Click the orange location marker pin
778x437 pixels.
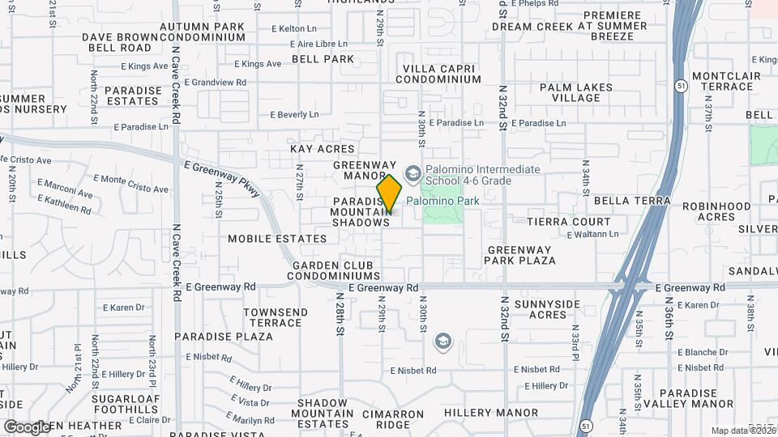coord(389,193)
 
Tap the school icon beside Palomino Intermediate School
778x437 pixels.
coord(413,173)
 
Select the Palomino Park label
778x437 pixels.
coord(443,201)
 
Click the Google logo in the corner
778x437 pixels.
coord(27,426)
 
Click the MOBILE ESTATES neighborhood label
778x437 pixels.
coord(277,239)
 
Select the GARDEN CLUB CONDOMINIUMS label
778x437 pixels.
coord(333,270)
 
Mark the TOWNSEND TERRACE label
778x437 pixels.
coord(276,317)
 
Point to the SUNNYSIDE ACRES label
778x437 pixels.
coord(547,308)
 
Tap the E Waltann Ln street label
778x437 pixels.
coord(592,235)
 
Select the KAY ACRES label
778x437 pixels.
coord(323,149)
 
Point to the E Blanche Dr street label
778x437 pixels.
coord(701,352)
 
